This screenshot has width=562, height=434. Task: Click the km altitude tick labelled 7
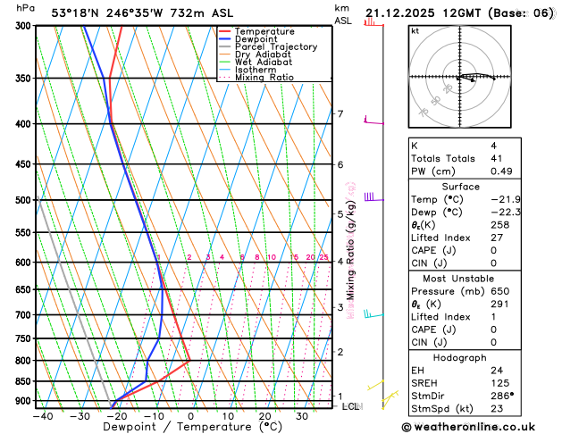(x=340, y=113)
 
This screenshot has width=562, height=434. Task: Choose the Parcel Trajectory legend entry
(x=275, y=46)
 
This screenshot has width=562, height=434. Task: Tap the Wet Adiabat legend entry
(x=263, y=63)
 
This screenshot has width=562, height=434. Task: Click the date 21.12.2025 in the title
(x=403, y=12)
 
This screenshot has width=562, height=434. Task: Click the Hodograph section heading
(x=462, y=357)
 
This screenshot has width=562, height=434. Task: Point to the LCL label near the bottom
(x=350, y=406)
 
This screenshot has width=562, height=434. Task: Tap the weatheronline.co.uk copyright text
(x=481, y=427)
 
